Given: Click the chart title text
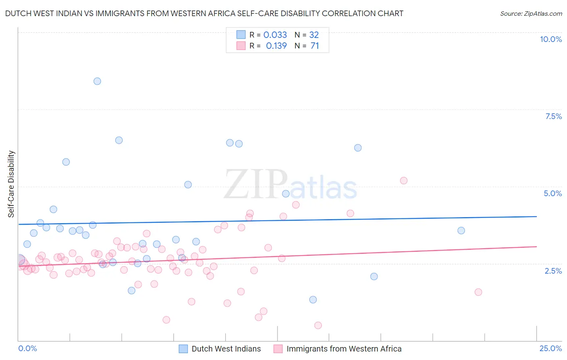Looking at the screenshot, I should click(x=204, y=13).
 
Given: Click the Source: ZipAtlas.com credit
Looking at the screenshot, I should click(x=531, y=14).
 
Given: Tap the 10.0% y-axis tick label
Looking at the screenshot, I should click(x=550, y=39).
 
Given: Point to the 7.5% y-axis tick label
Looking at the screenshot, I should click(x=553, y=116).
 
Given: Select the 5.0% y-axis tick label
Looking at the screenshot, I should click(x=552, y=193).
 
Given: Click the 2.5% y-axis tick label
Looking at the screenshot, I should click(x=553, y=271).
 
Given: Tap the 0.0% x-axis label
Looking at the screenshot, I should click(x=27, y=348).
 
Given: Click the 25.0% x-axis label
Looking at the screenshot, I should click(x=550, y=348).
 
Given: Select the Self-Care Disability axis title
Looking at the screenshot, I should click(x=11, y=184).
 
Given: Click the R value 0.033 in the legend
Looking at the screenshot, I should click(x=275, y=35).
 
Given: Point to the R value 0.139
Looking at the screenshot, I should click(x=276, y=46).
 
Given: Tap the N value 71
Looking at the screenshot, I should click(x=315, y=46).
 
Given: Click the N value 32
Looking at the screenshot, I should click(x=314, y=35).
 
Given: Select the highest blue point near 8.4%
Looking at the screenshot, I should click(x=97, y=81).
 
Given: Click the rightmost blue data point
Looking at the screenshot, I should click(x=461, y=230).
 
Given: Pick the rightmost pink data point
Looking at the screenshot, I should click(x=478, y=292).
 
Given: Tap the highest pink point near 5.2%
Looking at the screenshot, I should click(x=404, y=180).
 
